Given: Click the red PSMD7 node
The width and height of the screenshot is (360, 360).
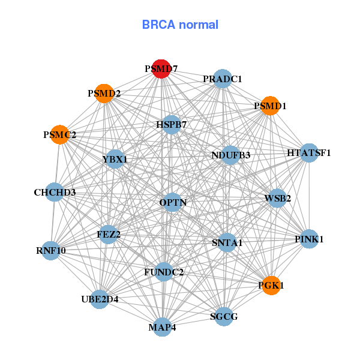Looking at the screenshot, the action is (161, 69).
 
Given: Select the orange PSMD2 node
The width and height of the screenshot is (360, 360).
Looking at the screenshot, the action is (104, 94).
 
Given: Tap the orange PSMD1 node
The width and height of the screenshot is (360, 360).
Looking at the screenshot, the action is (270, 106).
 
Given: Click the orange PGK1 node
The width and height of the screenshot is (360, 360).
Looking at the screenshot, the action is (271, 286).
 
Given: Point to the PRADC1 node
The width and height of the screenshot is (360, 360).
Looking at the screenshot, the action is (222, 79).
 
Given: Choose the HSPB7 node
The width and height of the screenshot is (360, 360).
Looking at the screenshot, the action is (172, 125).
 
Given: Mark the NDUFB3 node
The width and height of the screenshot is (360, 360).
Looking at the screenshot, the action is (231, 155).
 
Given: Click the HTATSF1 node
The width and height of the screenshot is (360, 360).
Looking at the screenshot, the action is (309, 153).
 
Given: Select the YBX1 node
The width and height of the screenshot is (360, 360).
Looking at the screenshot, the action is (115, 159).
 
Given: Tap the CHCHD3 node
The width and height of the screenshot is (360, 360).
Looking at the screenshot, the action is (55, 193).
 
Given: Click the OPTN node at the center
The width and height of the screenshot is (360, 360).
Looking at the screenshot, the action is (173, 203).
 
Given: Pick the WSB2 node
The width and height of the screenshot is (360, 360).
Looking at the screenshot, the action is (277, 198).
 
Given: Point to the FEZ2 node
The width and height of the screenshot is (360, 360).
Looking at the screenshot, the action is (109, 234).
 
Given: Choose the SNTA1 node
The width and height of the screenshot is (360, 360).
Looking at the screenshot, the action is (227, 243).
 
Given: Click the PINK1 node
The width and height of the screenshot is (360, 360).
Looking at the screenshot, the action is (309, 239).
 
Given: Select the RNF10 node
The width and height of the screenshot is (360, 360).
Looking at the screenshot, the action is (50, 250).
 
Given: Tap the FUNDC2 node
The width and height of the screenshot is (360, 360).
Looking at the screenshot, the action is (164, 272).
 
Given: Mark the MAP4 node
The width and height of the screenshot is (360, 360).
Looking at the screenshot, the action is (162, 328).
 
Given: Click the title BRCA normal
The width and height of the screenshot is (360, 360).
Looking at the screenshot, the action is (180, 25).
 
